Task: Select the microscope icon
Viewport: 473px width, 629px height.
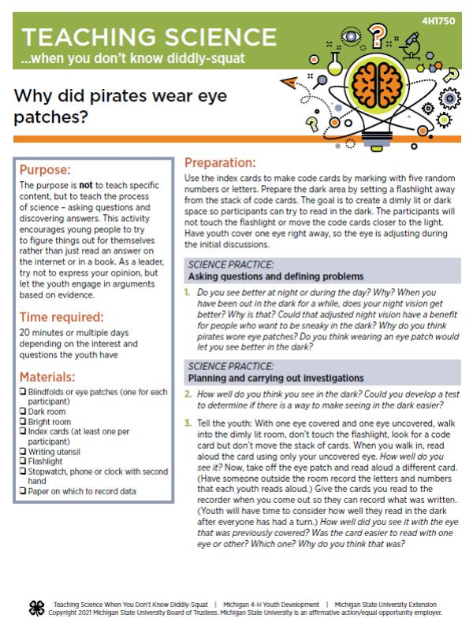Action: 409,45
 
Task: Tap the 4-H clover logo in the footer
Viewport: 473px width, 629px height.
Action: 35,608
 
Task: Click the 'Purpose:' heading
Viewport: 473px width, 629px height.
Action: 46,169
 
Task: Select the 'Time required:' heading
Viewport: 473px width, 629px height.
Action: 61,316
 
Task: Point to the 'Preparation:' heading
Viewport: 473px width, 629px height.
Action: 220,163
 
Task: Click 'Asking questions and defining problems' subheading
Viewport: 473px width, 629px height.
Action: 275,276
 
